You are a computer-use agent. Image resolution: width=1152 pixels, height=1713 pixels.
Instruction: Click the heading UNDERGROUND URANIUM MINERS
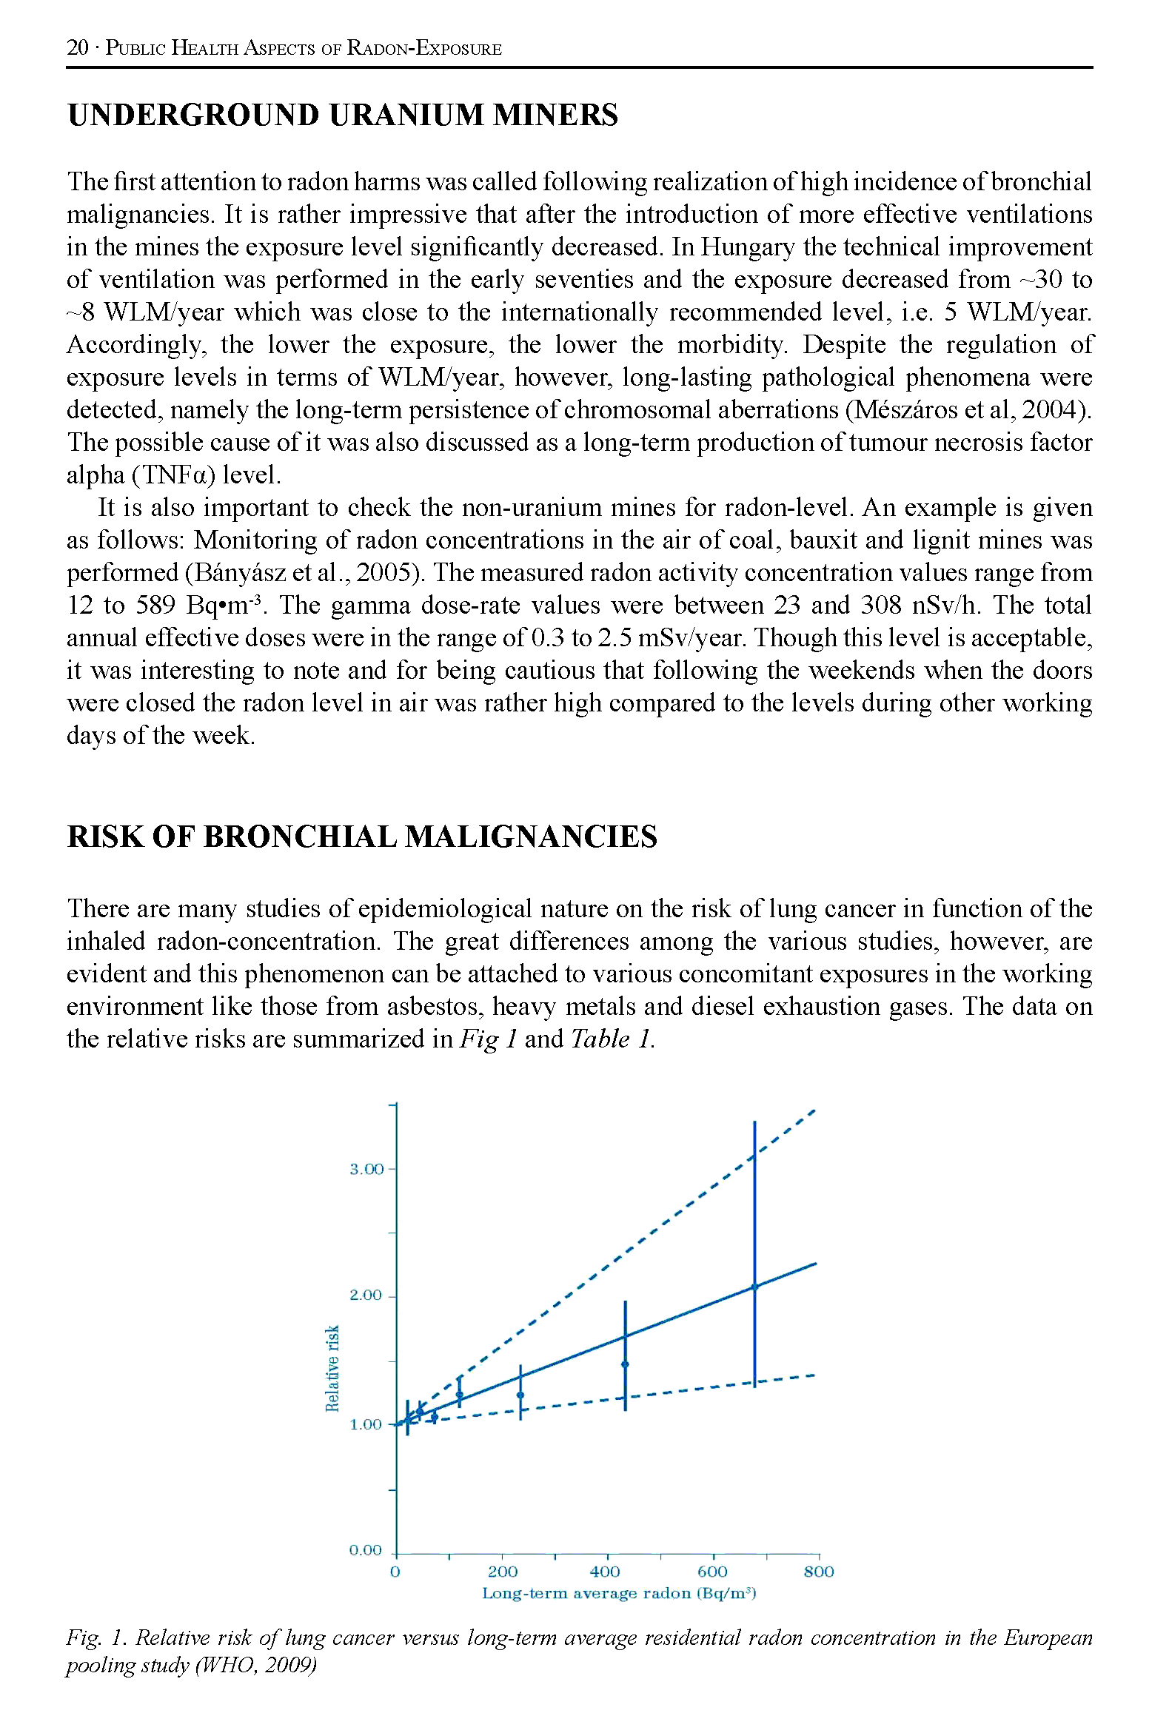tap(342, 115)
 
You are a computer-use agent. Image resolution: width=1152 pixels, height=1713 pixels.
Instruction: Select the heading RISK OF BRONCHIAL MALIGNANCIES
tap(362, 837)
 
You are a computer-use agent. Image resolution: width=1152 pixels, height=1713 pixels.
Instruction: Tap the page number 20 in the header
tap(77, 48)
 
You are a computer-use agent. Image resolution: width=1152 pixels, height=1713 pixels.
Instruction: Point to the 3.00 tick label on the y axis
tap(366, 1169)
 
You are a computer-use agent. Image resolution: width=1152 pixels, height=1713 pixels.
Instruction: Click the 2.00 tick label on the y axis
tap(366, 1295)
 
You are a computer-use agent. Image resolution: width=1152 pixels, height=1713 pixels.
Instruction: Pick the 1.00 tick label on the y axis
tap(366, 1424)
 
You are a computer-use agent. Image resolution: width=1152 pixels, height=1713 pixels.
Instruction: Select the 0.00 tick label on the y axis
tap(366, 1550)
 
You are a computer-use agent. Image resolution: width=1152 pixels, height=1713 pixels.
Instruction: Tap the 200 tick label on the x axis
tap(503, 1572)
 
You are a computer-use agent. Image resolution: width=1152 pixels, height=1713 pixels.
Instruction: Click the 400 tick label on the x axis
tap(605, 1572)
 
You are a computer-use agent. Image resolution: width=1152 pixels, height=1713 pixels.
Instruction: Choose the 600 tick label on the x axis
tap(712, 1572)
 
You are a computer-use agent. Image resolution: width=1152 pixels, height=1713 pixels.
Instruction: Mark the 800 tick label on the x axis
tap(819, 1572)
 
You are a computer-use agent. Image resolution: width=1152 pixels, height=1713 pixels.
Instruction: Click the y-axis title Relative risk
tap(333, 1368)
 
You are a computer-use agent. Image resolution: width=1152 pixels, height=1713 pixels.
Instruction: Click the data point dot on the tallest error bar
tap(754, 1287)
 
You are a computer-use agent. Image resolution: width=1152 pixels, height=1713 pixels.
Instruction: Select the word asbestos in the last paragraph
tap(429, 1006)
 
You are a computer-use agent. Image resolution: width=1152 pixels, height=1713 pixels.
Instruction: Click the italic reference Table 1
tap(611, 1039)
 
